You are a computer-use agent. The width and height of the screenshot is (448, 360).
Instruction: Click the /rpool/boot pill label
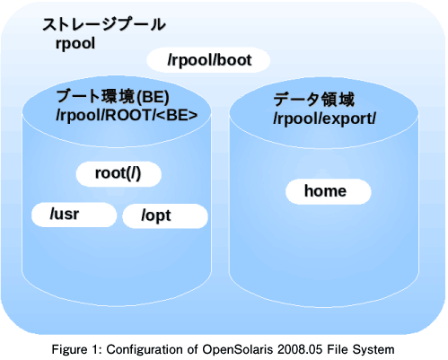pos(208,60)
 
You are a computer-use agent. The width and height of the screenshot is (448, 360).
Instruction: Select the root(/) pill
pos(119,174)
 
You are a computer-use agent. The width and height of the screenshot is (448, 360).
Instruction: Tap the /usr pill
pos(74,215)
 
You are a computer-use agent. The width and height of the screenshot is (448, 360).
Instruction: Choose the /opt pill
pos(165,215)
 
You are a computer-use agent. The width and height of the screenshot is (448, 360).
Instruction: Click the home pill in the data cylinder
pos(329,191)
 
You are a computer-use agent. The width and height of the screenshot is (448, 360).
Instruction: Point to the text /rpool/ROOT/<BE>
pos(127,116)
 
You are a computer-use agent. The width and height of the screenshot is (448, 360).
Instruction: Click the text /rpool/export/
pos(324,119)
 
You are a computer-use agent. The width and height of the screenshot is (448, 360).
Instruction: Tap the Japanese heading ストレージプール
pos(104,24)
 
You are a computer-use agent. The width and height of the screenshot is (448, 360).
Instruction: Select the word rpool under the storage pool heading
pos(75,44)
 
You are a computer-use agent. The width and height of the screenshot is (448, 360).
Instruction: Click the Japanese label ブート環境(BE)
pos(112,97)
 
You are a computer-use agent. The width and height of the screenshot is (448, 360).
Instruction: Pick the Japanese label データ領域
pos(314,100)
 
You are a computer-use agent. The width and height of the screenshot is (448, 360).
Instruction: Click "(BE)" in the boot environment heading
pos(153,97)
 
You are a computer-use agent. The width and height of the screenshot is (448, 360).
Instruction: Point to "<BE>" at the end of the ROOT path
pos(177,116)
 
